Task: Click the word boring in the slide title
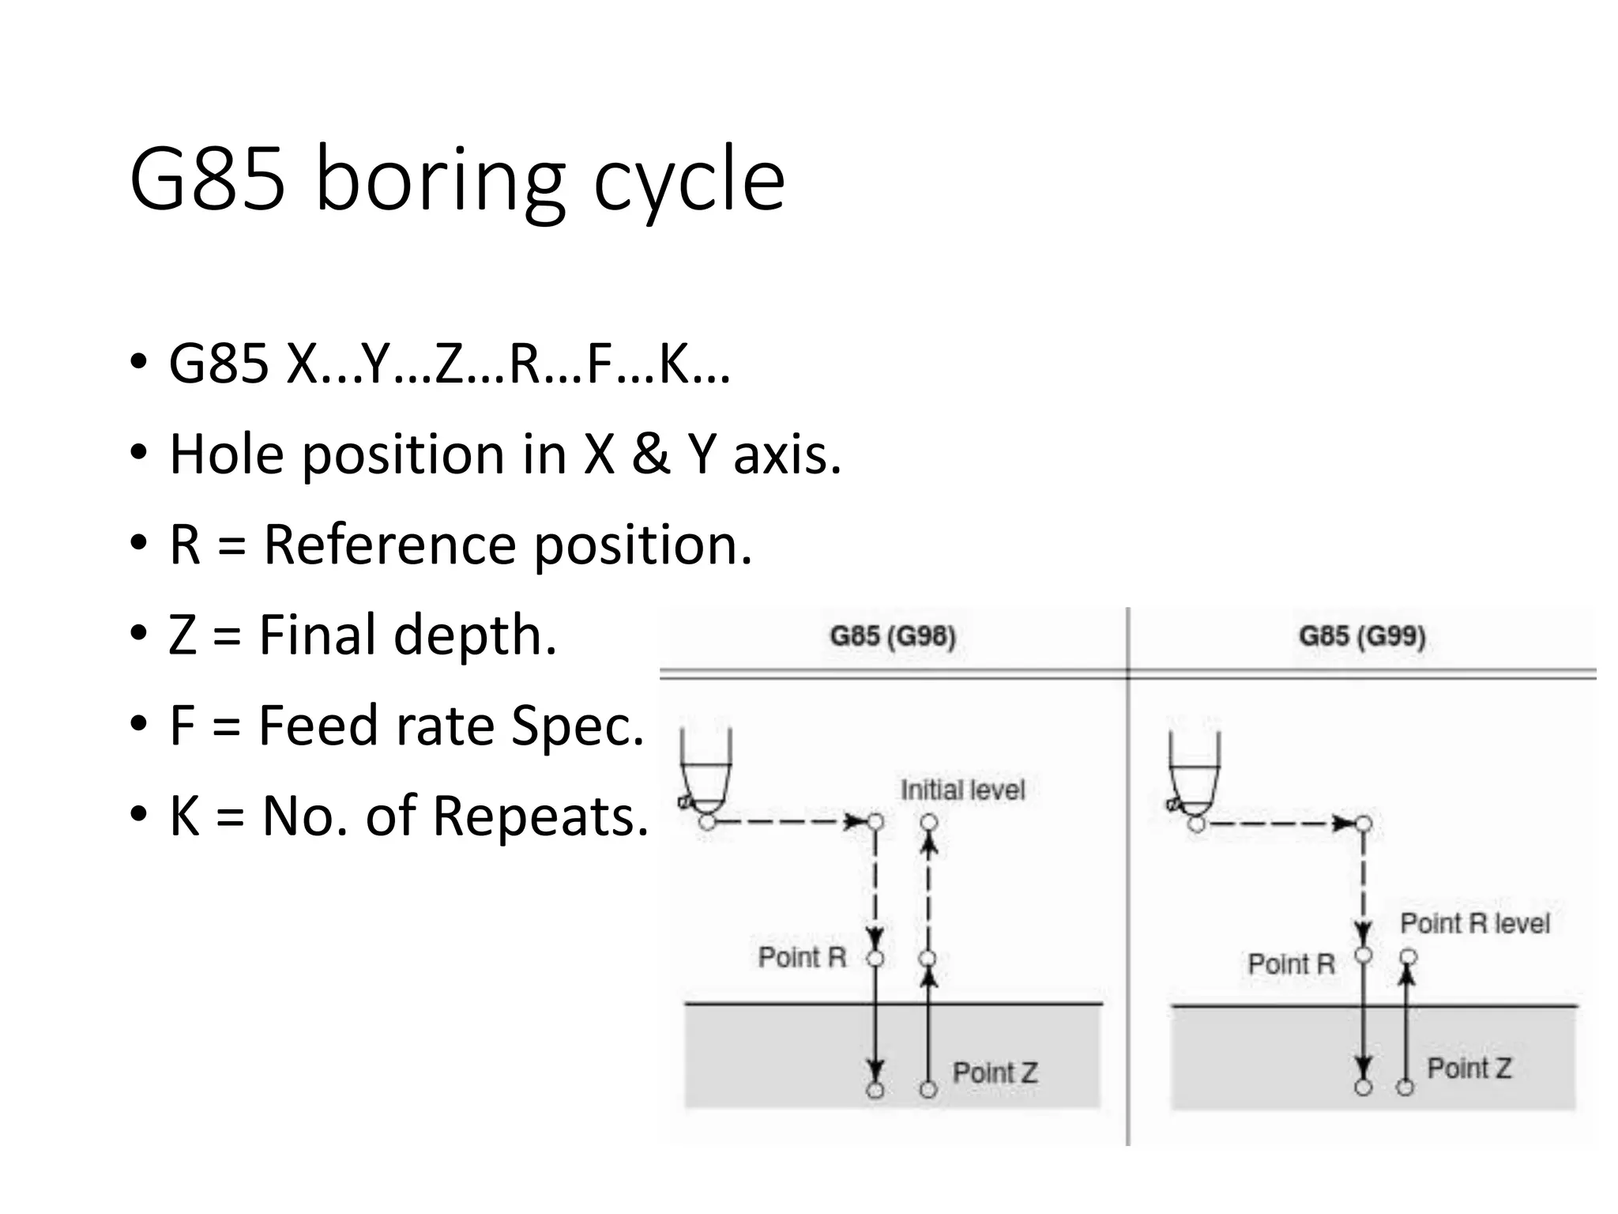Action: [440, 180]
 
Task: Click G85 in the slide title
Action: [207, 180]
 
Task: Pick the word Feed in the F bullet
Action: [318, 725]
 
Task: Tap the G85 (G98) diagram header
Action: [893, 636]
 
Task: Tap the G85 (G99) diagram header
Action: [1362, 636]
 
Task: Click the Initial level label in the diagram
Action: [962, 790]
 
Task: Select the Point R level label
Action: [1474, 923]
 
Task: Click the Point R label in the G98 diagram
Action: [802, 957]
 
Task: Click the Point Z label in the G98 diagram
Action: [995, 1073]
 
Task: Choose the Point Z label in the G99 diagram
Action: [1469, 1069]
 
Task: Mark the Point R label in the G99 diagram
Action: [1291, 964]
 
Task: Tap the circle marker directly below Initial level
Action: [929, 823]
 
